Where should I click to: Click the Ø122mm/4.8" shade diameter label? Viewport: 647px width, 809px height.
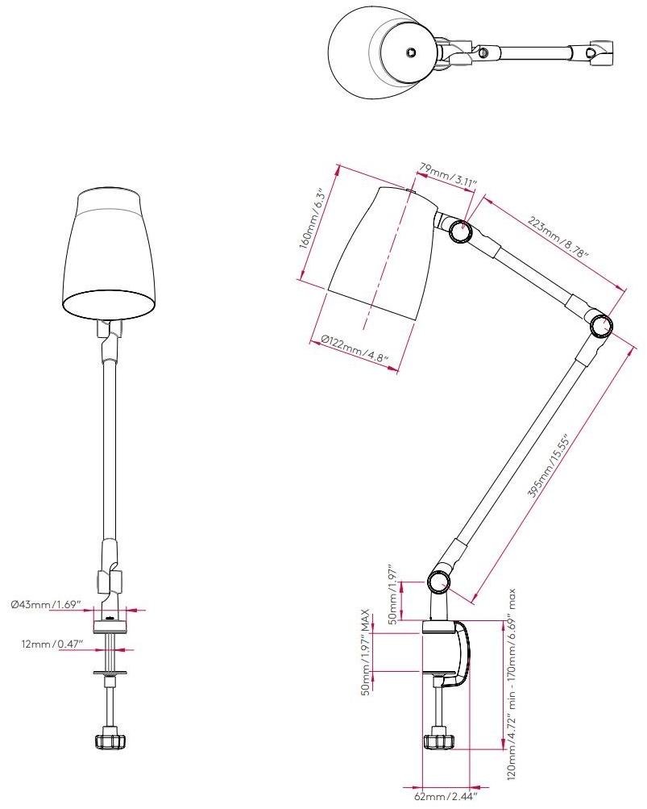point(355,351)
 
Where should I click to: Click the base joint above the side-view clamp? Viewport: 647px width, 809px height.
point(439,581)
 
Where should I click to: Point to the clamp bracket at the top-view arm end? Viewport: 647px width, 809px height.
point(600,52)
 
